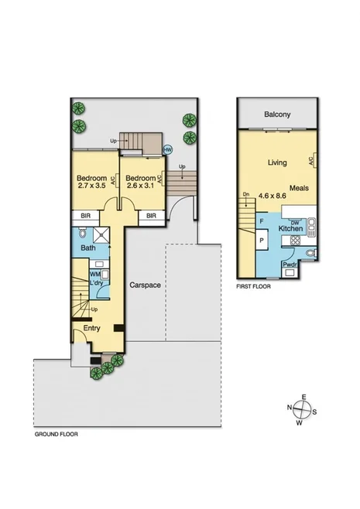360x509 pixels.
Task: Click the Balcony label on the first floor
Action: pos(277,114)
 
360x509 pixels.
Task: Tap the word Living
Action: pos(277,162)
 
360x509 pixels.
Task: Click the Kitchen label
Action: pos(290,230)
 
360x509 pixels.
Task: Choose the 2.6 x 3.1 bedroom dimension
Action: pos(140,186)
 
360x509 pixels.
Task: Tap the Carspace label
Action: pos(145,285)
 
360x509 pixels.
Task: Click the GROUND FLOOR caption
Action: pos(56,435)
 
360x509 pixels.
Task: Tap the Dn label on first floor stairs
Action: pos(245,195)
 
